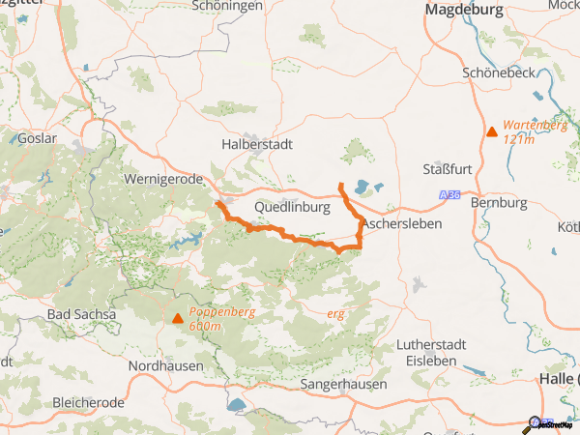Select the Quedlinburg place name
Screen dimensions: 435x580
tap(293, 208)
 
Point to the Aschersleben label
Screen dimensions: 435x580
tap(401, 224)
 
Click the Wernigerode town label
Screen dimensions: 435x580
tap(163, 179)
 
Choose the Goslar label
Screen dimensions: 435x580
tap(38, 138)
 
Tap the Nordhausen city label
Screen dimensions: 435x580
tap(166, 366)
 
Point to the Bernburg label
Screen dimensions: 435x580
tap(498, 203)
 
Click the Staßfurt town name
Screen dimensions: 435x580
tap(448, 170)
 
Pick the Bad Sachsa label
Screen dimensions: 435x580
tap(81, 315)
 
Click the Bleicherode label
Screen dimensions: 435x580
tap(90, 401)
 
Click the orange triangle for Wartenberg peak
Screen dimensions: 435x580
tap(492, 131)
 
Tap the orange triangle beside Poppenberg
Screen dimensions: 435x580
tap(177, 318)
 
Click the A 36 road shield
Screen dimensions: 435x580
tap(448, 195)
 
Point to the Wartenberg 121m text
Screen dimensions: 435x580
tap(535, 132)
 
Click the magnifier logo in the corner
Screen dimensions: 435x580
tap(533, 423)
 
